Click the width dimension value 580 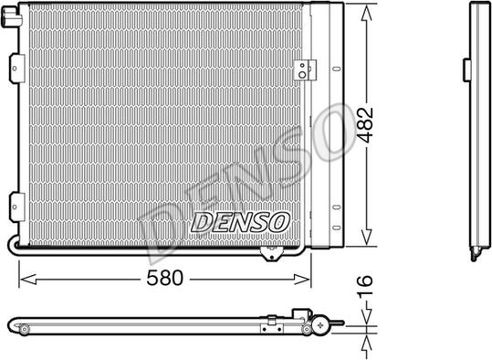point(164,278)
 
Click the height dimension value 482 point(365,124)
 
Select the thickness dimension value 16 point(365,285)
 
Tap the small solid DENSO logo point(240,222)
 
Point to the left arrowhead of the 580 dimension point(27,279)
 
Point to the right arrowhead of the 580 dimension point(302,279)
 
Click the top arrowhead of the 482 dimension point(367,13)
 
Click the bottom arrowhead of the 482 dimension point(367,237)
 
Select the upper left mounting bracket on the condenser point(17,69)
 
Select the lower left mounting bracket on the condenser point(17,207)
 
